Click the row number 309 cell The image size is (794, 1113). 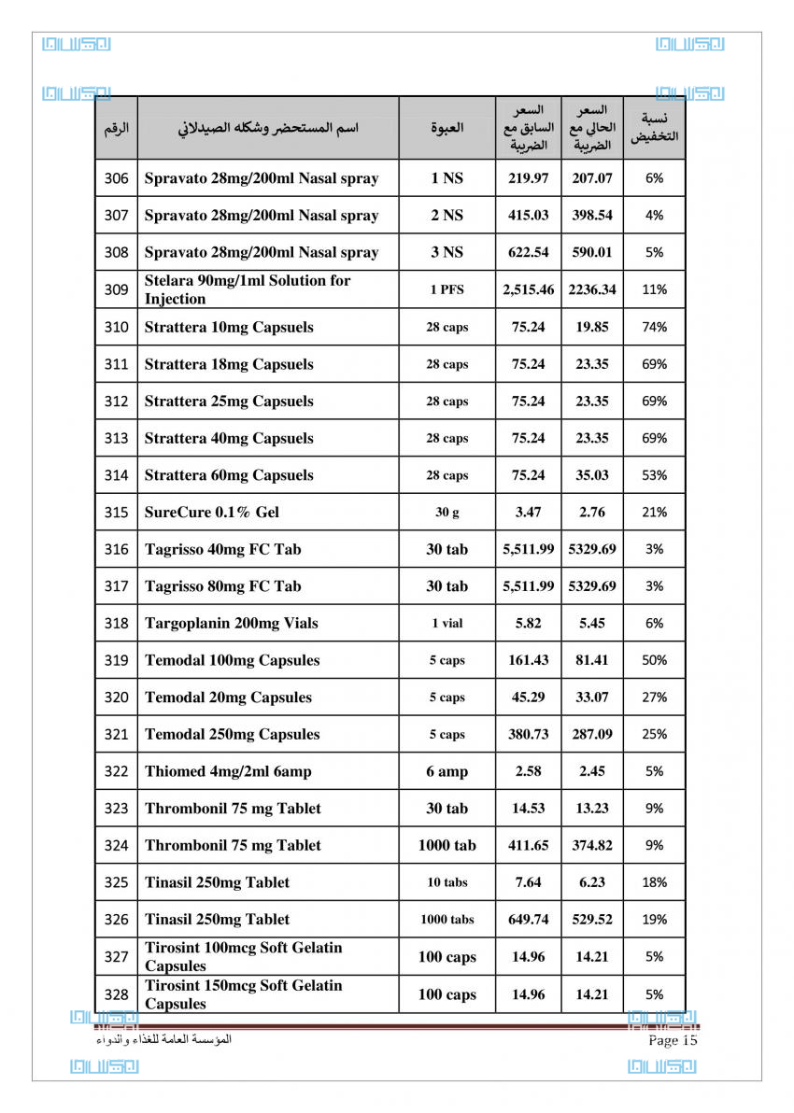point(116,289)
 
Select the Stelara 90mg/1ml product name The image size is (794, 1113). point(248,289)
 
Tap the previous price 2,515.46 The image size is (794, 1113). point(529,289)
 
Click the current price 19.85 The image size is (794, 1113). point(592,327)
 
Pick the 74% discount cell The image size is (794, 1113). point(654,327)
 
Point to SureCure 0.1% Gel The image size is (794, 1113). point(212,512)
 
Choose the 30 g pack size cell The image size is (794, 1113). point(447,512)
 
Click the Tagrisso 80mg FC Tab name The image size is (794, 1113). point(223,586)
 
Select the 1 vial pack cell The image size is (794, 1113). point(447,623)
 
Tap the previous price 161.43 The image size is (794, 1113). point(529,660)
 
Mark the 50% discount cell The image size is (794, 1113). point(654,660)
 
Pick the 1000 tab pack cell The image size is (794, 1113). point(447,845)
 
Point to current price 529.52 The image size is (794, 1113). point(592,919)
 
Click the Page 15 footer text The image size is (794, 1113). point(673,1040)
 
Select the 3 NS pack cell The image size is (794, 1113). point(447,252)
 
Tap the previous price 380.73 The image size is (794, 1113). point(529,734)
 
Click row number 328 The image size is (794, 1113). point(116,994)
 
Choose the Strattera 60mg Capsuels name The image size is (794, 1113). point(229,475)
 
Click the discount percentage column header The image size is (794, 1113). point(654,128)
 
